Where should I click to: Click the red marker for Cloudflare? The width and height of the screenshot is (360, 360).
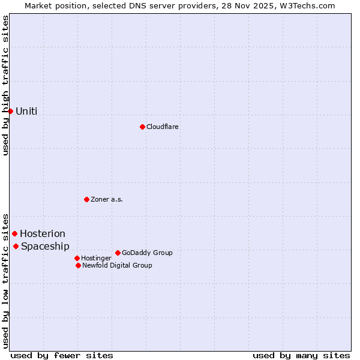click(142, 127)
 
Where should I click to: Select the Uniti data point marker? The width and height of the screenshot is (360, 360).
click(10, 111)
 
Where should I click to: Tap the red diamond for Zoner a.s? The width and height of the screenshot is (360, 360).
click(86, 199)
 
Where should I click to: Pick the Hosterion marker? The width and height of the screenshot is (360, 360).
click(14, 233)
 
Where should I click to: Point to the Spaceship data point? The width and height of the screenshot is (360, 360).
click(16, 246)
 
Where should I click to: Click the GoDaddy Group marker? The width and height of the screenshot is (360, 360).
click(118, 253)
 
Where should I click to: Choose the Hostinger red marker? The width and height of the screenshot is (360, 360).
click(77, 258)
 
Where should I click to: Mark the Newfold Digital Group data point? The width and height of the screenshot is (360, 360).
click(78, 265)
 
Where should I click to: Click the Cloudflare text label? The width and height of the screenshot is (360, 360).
click(163, 127)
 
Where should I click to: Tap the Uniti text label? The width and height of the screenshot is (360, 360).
click(26, 111)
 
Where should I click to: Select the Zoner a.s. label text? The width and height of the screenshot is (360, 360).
click(107, 199)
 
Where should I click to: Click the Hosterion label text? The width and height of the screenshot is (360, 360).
click(43, 233)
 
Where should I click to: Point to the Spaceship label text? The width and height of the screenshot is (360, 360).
click(45, 246)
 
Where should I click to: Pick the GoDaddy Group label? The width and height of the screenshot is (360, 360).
click(147, 253)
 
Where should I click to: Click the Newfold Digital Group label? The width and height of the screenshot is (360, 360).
click(117, 265)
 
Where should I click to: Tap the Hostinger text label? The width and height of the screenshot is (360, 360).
click(96, 258)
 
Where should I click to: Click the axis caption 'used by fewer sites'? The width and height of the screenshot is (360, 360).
click(62, 355)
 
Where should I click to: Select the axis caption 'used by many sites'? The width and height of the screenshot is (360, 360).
click(301, 355)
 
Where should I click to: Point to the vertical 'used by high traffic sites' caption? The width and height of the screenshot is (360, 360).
click(5, 85)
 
